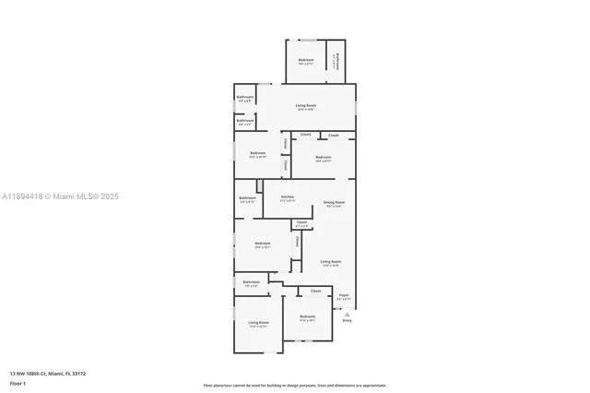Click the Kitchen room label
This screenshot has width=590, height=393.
point(288,196)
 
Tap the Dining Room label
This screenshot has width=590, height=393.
point(334,202)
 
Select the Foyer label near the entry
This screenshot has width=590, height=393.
point(343,296)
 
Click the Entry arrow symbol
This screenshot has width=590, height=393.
point(347,313)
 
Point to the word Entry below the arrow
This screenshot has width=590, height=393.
point(347,320)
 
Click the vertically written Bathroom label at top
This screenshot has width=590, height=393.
point(337,61)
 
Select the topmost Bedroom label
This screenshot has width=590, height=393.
point(306,60)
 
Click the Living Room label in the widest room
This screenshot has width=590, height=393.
point(306,106)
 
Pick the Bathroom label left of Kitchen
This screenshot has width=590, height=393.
point(247,197)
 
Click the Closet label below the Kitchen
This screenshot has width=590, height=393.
point(301,221)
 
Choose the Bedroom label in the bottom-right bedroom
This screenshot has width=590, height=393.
point(307,318)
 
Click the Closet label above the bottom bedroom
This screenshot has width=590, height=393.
point(315,291)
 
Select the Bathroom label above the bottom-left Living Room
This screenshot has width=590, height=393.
point(251,282)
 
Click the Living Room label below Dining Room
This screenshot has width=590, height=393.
point(331,262)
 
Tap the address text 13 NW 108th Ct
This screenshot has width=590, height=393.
point(48,374)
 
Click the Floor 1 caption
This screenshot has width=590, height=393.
point(18,383)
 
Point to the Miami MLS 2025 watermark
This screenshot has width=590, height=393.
point(60,196)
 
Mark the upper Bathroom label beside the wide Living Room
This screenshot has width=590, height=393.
point(245,97)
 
